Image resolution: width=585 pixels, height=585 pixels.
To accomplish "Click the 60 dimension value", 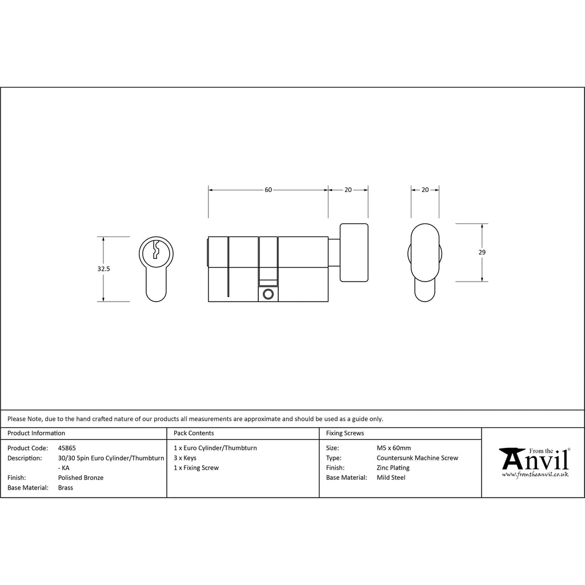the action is pyautogui.click(x=269, y=190).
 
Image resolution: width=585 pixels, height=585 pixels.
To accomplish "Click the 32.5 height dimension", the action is pyautogui.click(x=104, y=269).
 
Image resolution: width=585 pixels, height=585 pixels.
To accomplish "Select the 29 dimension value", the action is pyautogui.click(x=482, y=252).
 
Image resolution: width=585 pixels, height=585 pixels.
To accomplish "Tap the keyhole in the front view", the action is pyautogui.click(x=157, y=250).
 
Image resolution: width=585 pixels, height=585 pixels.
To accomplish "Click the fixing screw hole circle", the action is pyautogui.click(x=268, y=294).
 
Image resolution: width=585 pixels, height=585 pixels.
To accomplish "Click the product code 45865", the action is pyautogui.click(x=67, y=448).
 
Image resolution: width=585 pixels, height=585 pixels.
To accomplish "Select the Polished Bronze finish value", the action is pyautogui.click(x=81, y=478).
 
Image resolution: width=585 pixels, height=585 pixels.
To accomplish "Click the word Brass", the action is pyautogui.click(x=66, y=488).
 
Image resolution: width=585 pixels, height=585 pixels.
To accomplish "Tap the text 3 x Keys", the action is pyautogui.click(x=185, y=458).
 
